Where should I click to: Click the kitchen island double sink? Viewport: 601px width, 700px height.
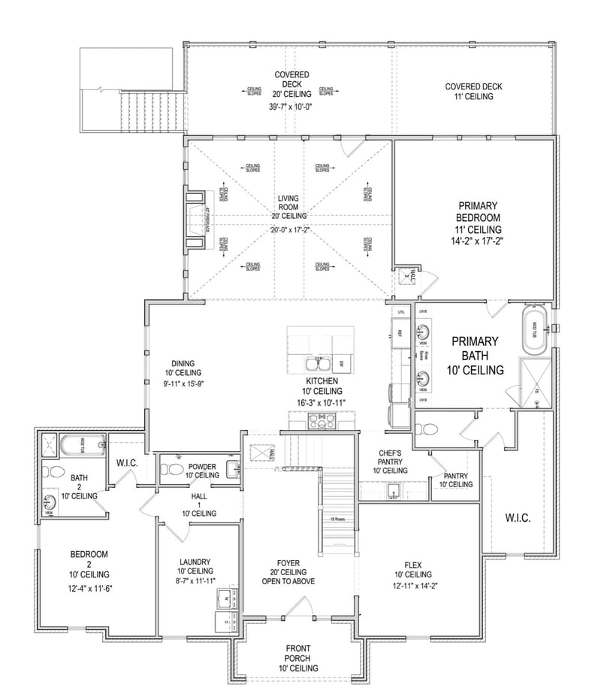pos(316,365)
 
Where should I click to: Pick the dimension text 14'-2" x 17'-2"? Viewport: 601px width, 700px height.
pos(478,241)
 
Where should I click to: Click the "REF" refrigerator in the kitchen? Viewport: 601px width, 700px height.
pos(400,332)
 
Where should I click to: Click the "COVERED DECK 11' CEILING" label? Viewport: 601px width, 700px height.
pos(473,91)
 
